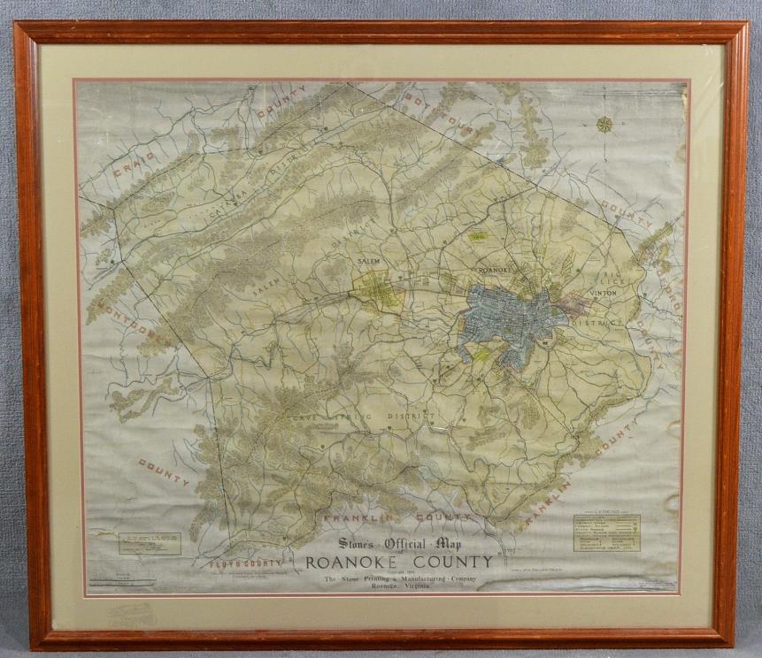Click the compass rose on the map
click(x=604, y=124)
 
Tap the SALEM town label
click(x=368, y=262)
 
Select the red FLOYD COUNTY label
click(x=245, y=562)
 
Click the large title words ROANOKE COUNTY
click(x=399, y=562)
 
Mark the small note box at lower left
click(x=150, y=543)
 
